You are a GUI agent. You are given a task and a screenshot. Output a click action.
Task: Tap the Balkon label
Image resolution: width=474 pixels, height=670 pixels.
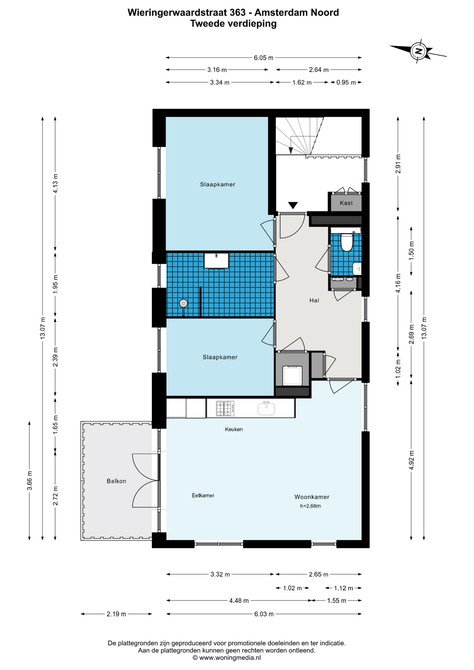(x=116, y=481)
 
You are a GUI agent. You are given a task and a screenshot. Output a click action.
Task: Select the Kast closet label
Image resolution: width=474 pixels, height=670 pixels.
(x=346, y=203)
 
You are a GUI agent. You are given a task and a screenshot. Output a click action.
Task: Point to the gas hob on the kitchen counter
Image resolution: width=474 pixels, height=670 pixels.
(x=225, y=409)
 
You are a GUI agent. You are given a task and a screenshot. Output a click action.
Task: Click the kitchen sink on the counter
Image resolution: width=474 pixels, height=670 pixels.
(x=266, y=408)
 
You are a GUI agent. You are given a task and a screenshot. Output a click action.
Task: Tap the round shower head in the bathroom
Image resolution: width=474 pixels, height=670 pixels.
(x=183, y=304)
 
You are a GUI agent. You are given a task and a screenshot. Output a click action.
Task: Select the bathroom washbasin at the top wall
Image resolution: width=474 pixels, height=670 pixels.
(x=216, y=261)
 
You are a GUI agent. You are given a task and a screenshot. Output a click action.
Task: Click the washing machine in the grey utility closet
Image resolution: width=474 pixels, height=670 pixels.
(x=292, y=375)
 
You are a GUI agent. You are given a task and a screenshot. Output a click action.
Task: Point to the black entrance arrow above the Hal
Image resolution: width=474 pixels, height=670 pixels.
(x=292, y=205)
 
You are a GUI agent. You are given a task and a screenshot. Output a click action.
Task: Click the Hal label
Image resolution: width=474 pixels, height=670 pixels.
(x=314, y=300)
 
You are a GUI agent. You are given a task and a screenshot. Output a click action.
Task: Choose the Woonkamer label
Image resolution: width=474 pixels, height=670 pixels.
(x=312, y=497)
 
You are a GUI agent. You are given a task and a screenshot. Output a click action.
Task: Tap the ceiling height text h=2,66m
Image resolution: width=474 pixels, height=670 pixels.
(x=310, y=506)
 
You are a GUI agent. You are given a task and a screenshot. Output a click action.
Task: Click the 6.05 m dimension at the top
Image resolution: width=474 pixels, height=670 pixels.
(x=264, y=58)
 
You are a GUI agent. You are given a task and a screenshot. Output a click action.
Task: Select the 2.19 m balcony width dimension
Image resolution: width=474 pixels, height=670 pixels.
(x=116, y=614)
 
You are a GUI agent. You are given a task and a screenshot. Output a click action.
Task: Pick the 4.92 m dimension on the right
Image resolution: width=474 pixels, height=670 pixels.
(x=411, y=460)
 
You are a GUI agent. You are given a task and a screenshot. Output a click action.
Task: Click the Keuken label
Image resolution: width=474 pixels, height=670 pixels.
(x=234, y=429)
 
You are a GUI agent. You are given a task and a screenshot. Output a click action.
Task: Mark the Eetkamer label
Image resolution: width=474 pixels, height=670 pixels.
(x=203, y=496)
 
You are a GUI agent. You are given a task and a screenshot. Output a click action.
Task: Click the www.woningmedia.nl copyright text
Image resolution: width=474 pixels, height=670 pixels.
(x=227, y=658)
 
